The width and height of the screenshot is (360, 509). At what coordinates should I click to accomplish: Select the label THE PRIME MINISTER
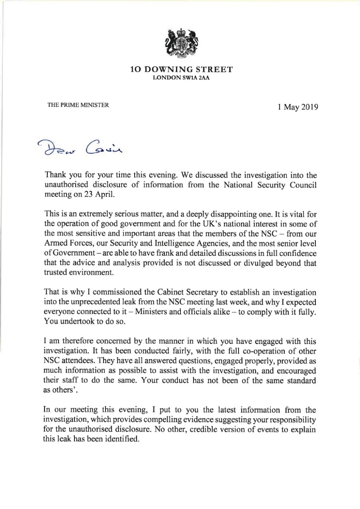78,105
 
